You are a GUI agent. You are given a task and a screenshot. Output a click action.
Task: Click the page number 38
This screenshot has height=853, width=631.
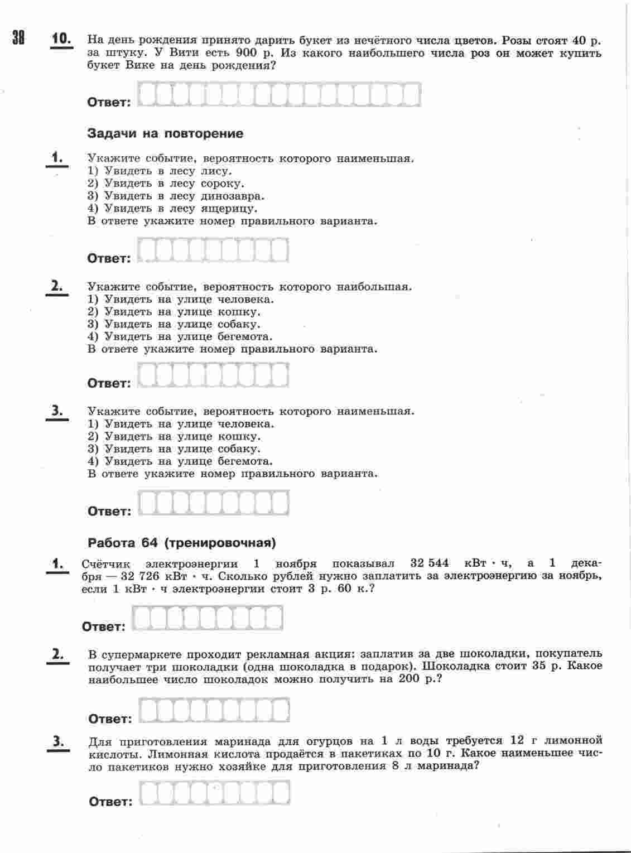[x=18, y=38]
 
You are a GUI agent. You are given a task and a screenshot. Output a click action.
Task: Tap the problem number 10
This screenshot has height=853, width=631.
[x=61, y=39]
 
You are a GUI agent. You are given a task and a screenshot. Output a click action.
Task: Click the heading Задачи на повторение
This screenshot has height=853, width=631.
[x=165, y=133]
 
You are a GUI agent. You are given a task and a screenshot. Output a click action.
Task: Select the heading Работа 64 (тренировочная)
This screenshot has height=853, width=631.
[x=182, y=542]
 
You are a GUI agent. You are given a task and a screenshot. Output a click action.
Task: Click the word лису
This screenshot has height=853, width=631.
[x=216, y=171]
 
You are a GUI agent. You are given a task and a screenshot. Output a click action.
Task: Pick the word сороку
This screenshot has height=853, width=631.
[x=222, y=184]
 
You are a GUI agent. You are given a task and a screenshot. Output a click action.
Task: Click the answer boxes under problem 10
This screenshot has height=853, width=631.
[x=279, y=95]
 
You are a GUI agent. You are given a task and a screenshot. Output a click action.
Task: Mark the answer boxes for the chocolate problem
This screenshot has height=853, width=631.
[x=214, y=711]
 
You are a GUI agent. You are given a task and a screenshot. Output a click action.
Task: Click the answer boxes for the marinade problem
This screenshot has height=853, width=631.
[x=214, y=793]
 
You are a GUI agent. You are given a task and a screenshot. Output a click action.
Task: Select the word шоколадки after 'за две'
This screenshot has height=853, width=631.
[x=487, y=653]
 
